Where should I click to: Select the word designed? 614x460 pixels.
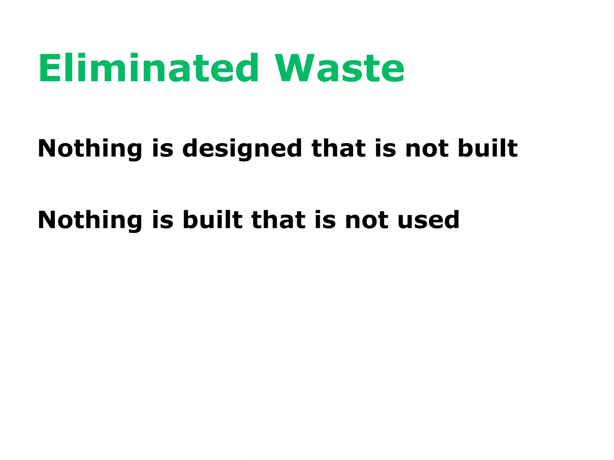[x=242, y=148]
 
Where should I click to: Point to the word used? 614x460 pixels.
[x=428, y=220]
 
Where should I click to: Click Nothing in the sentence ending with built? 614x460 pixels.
[x=90, y=148]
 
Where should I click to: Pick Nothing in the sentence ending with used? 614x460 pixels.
[x=90, y=220]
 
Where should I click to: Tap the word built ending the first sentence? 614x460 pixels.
[x=487, y=148]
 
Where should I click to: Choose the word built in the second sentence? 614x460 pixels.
[x=212, y=220]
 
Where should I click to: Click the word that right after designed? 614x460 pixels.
[x=338, y=148]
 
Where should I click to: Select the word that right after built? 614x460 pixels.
[x=279, y=220]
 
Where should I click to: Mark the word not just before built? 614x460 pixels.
[x=427, y=148]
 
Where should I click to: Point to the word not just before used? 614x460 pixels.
[x=367, y=220]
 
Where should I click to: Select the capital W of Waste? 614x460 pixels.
[x=295, y=68]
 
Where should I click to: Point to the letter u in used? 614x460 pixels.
[x=407, y=222]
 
